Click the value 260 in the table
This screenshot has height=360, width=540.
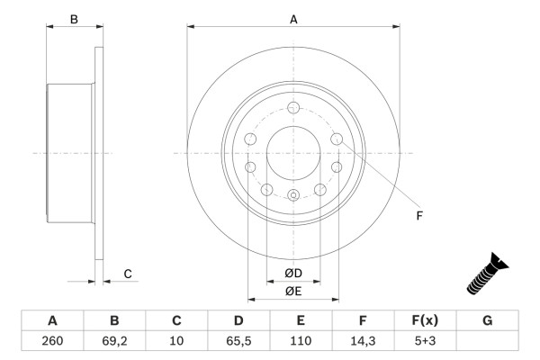pyautogui.click(x=52, y=341)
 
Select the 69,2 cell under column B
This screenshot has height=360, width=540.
pyautogui.click(x=114, y=341)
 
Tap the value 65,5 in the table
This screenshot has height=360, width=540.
pyautogui.click(x=238, y=341)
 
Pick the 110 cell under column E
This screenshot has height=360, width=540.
pyautogui.click(x=301, y=341)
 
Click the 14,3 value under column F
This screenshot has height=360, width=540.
pyautogui.click(x=363, y=341)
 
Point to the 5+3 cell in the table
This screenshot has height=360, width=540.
pyautogui.click(x=425, y=341)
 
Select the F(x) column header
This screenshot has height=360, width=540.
pyautogui.click(x=425, y=320)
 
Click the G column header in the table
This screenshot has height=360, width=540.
pyautogui.click(x=487, y=320)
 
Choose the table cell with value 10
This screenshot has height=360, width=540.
pyautogui.click(x=176, y=341)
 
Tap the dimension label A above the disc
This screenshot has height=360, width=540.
pyautogui.click(x=293, y=18)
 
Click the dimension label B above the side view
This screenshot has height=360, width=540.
pyautogui.click(x=74, y=18)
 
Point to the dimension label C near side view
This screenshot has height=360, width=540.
pyautogui.click(x=128, y=274)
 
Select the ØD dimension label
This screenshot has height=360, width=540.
pyautogui.click(x=293, y=273)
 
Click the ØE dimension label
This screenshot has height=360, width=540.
pyautogui.click(x=293, y=291)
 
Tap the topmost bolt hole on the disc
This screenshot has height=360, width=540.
pyautogui.click(x=293, y=107)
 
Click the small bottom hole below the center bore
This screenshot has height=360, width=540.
pyautogui.click(x=293, y=195)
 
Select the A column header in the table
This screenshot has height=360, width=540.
pyautogui.click(x=52, y=320)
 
